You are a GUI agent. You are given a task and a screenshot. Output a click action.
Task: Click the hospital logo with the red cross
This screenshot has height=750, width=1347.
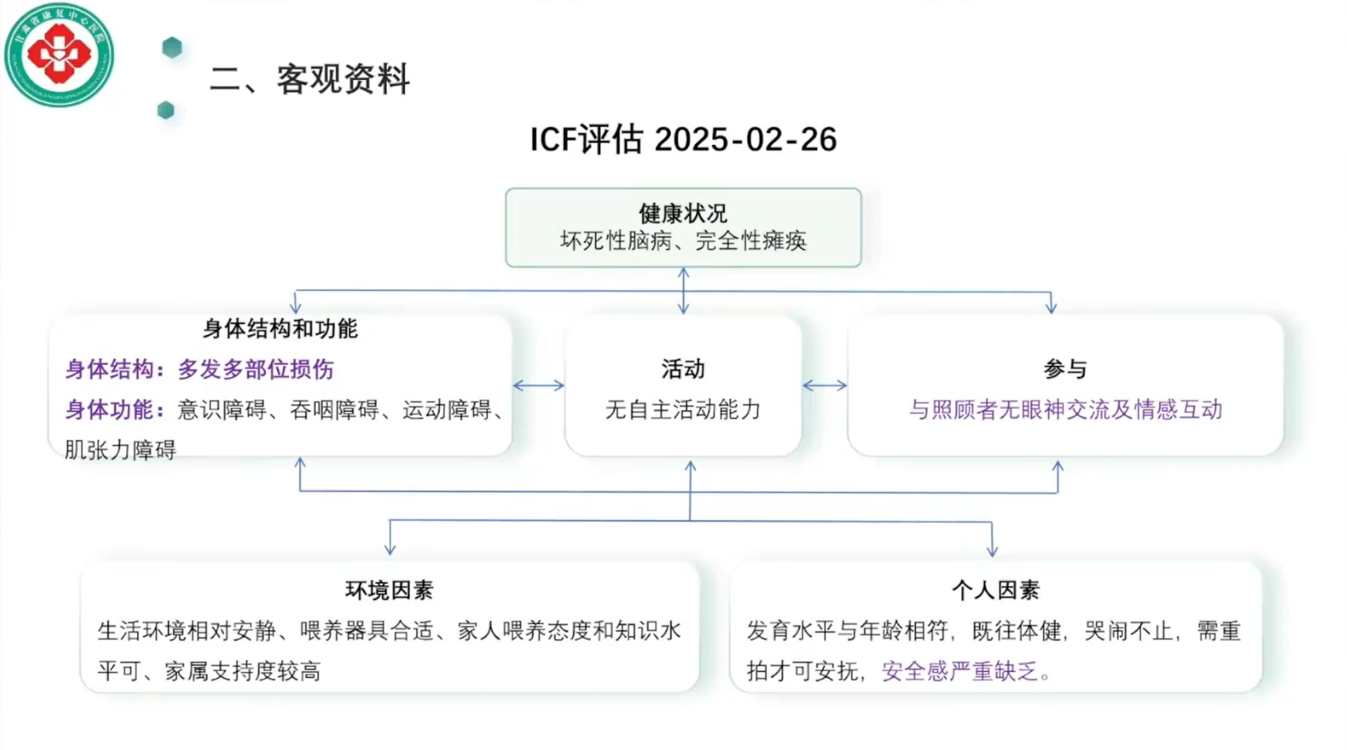tap(59, 54)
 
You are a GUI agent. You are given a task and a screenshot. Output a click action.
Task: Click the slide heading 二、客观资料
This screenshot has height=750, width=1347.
tap(309, 79)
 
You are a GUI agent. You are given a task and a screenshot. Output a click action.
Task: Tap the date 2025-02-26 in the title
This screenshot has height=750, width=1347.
tap(745, 140)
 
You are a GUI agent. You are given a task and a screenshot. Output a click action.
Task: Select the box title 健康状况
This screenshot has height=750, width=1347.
tap(683, 214)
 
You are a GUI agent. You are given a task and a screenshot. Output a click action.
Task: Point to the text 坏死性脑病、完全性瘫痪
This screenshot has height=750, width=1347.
tap(683, 241)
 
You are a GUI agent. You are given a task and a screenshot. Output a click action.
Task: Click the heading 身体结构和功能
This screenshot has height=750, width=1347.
tap(280, 329)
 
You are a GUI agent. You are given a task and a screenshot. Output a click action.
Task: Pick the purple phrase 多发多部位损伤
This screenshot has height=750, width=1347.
tap(256, 370)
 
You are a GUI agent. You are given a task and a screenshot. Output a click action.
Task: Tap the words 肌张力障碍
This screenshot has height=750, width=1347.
tap(120, 450)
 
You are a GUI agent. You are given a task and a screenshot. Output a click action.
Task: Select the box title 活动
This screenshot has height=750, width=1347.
tap(683, 370)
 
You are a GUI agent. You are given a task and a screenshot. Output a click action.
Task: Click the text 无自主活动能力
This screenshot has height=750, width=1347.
tap(683, 410)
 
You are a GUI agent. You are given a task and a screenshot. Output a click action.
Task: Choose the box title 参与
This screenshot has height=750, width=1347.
tap(1065, 370)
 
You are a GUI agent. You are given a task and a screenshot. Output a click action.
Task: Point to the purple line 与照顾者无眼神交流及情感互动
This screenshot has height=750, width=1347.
tap(1065, 410)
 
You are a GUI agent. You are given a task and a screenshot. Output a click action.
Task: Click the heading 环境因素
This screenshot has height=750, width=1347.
tap(389, 590)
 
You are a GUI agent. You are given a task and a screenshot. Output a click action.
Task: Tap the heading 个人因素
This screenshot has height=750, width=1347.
tap(995, 590)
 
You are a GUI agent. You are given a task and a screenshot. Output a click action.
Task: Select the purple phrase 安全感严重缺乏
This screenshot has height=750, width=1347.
tap(960, 671)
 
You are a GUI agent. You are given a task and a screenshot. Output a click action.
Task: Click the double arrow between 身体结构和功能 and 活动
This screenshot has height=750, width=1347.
tap(538, 386)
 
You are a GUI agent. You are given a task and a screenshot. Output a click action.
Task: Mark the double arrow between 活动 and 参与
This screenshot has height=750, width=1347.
tap(824, 386)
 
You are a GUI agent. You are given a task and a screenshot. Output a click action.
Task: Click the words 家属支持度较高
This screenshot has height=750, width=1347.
tap(242, 671)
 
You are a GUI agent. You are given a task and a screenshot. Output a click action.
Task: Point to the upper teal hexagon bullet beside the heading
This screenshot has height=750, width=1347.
tap(172, 47)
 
